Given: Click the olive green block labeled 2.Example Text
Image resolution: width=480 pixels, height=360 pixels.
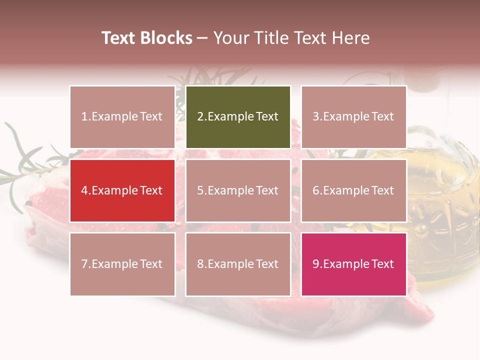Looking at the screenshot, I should pyautogui.click(x=238, y=117).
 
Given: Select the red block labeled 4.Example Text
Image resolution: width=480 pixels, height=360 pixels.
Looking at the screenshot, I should pyautogui.click(x=122, y=190).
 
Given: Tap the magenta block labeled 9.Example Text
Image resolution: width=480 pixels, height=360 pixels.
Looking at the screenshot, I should pyautogui.click(x=353, y=264).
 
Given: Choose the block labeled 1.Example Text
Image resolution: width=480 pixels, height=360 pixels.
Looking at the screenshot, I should pyautogui.click(x=122, y=117).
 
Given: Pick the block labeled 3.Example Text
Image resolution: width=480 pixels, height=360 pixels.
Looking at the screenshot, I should pyautogui.click(x=353, y=117).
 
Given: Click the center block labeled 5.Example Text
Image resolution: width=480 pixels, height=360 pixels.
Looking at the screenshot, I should pyautogui.click(x=238, y=190).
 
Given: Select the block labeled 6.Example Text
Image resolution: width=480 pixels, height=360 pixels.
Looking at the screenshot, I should pyautogui.click(x=353, y=190).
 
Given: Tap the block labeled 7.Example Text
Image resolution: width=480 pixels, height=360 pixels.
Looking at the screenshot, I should pyautogui.click(x=122, y=264).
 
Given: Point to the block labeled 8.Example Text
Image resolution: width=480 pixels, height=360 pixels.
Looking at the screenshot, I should pyautogui.click(x=238, y=264).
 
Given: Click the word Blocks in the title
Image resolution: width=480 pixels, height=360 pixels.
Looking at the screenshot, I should pyautogui.click(x=166, y=38).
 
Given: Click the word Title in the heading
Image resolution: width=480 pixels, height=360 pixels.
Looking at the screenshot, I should pyautogui.click(x=272, y=38).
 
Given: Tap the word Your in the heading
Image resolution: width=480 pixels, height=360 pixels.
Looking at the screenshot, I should pyautogui.click(x=232, y=38).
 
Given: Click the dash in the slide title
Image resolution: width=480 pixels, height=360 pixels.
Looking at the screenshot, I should pyautogui.click(x=203, y=38).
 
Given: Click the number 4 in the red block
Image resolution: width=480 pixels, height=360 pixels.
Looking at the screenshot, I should pyautogui.click(x=84, y=190).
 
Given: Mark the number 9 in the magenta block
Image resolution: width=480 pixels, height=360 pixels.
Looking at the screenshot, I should pyautogui.click(x=315, y=264).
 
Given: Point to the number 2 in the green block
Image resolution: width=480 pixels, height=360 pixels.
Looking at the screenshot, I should pyautogui.click(x=200, y=117).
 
